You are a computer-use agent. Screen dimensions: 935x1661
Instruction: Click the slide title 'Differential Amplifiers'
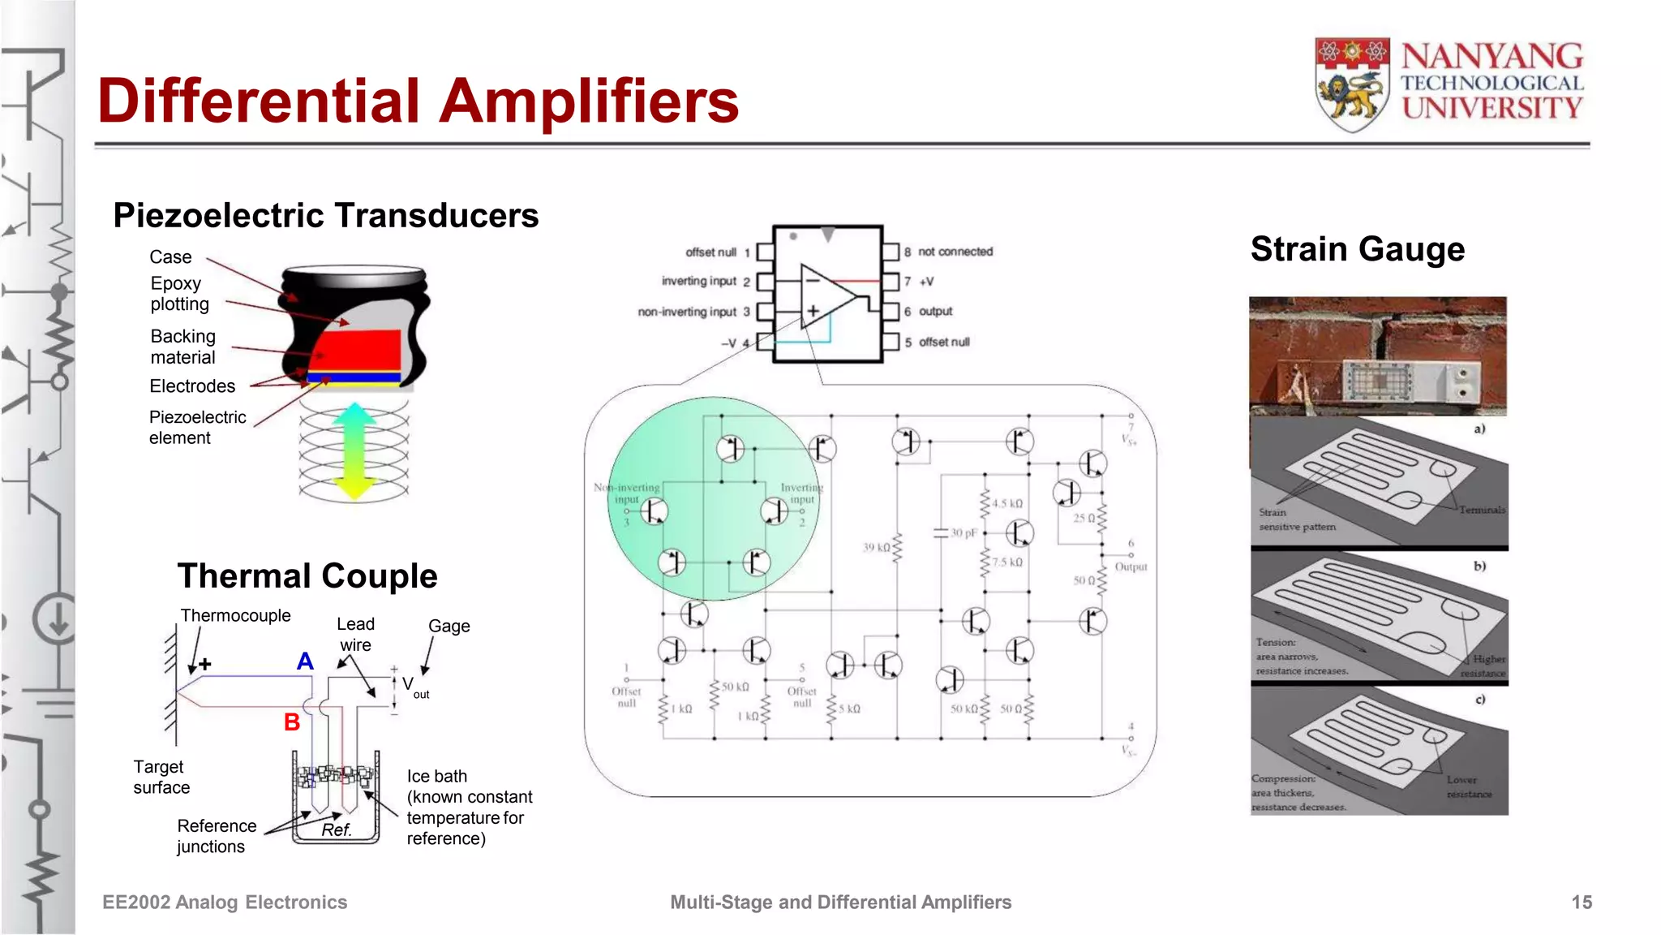[x=418, y=101]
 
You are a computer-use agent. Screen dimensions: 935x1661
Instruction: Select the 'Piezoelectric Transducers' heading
[x=326, y=216]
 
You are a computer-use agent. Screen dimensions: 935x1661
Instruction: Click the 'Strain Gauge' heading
[x=1358, y=249]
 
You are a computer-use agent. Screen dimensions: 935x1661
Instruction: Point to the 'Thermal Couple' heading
[x=307, y=576]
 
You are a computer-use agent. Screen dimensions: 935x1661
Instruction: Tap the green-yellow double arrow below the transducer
[x=354, y=450]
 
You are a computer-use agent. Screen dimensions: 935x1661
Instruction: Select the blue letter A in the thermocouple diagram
[x=305, y=661]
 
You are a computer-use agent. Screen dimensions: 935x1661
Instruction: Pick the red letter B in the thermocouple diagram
[x=292, y=722]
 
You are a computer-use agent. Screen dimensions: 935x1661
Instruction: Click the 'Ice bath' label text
[x=437, y=776]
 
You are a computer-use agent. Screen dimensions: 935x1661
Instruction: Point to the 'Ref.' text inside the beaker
[x=336, y=829]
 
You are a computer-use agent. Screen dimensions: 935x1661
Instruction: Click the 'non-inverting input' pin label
[x=687, y=312]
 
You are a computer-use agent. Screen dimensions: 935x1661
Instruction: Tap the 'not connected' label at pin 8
[x=955, y=252]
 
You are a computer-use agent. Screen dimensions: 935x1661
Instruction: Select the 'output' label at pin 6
[x=935, y=312]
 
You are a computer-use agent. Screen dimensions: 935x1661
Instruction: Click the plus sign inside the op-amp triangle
[x=813, y=310]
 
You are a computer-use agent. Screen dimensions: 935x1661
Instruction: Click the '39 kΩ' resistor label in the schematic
[x=876, y=547]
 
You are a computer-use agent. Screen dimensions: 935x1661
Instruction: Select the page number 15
[x=1582, y=903]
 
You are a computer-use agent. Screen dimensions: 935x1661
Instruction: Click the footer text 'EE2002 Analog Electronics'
[x=225, y=903]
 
